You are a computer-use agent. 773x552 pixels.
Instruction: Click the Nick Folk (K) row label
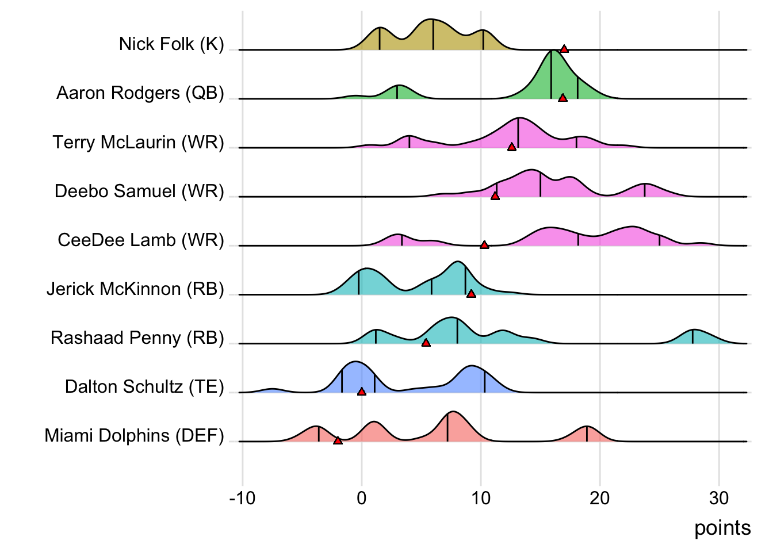(171, 44)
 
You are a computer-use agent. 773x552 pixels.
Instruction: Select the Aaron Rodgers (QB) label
(140, 93)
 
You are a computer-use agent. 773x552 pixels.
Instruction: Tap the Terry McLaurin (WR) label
(138, 142)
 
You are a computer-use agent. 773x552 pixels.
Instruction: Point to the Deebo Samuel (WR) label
(139, 191)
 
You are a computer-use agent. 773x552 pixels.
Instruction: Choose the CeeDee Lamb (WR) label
(141, 240)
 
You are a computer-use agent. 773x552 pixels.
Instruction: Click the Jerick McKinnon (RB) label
(135, 289)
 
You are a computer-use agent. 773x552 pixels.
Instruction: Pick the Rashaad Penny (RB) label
(137, 338)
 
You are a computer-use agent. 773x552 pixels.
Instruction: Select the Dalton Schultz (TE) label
(144, 386)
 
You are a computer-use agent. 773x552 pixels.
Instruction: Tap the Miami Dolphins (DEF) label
(134, 435)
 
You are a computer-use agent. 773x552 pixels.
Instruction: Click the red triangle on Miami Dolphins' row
(338, 440)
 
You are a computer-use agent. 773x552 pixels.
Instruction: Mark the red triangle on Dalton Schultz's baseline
(362, 392)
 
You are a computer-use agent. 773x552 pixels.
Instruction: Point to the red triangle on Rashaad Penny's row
(426, 343)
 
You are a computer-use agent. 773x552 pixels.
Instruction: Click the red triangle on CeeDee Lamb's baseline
(484, 245)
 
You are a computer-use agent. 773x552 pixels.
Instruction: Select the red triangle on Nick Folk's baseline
(564, 49)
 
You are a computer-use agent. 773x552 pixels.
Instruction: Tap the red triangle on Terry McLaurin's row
(511, 147)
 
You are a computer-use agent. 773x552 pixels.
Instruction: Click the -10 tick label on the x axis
(242, 498)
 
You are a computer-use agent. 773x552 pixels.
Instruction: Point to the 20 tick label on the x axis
(599, 498)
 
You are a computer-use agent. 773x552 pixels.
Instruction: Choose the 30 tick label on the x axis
(718, 498)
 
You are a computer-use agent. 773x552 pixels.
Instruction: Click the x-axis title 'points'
(722, 528)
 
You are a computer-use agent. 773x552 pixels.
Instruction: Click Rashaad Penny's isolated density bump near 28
(694, 337)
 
